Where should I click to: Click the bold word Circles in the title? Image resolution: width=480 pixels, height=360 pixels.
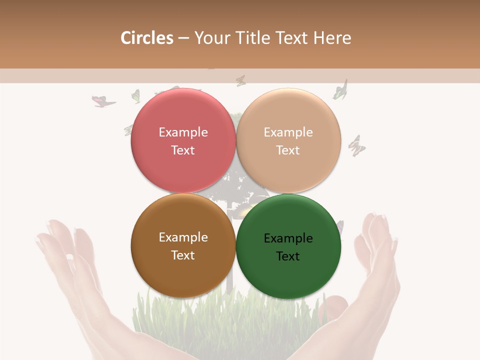[147, 38]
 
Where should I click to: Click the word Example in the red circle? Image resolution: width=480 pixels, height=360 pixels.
[183, 132]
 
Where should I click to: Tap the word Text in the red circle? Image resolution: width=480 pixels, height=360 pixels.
[183, 150]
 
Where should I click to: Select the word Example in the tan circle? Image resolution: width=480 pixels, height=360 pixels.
[288, 132]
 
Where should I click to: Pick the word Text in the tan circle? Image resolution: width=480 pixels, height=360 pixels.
[288, 150]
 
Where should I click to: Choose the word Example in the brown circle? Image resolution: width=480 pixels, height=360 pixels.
[183, 237]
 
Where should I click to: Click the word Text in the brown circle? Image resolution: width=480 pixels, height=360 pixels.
[183, 255]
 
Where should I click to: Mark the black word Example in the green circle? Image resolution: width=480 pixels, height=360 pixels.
[288, 238]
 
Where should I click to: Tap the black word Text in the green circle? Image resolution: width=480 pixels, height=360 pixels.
[288, 256]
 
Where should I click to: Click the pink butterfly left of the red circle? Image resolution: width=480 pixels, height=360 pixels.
[103, 101]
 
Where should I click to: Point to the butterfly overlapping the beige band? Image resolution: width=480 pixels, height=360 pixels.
[241, 80]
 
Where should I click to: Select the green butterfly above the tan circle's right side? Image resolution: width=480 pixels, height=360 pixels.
[341, 90]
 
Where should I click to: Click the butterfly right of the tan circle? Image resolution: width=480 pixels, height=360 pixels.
[356, 145]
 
